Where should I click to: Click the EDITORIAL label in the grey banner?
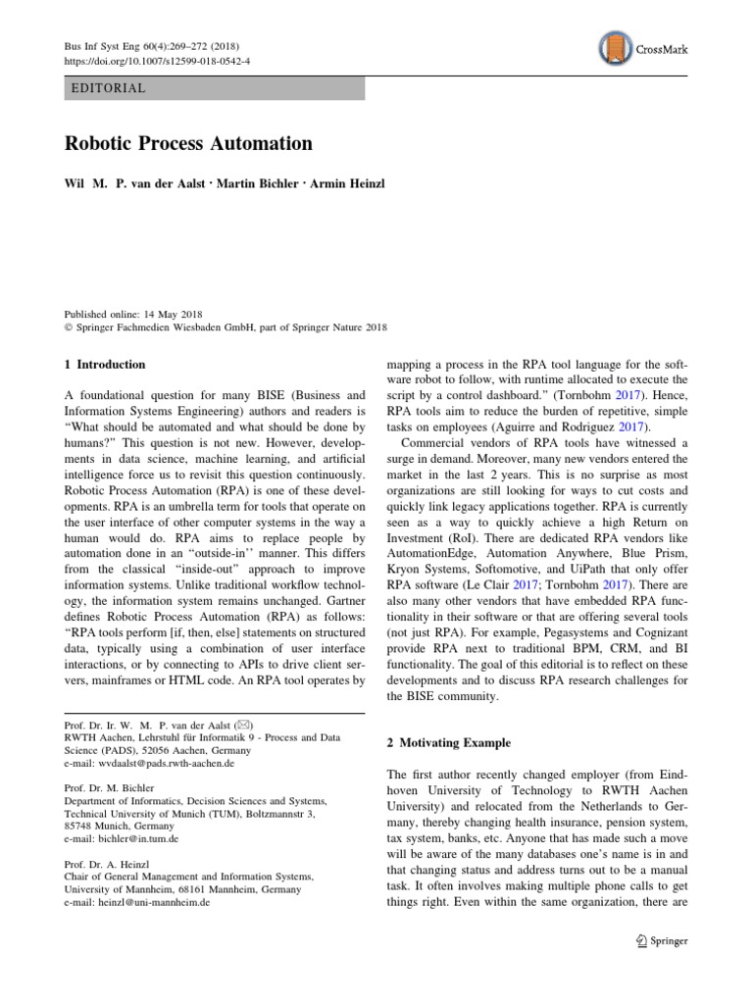(x=109, y=88)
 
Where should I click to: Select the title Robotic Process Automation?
(x=188, y=143)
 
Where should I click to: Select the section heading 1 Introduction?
(x=104, y=365)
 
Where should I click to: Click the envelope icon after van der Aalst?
(x=241, y=726)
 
